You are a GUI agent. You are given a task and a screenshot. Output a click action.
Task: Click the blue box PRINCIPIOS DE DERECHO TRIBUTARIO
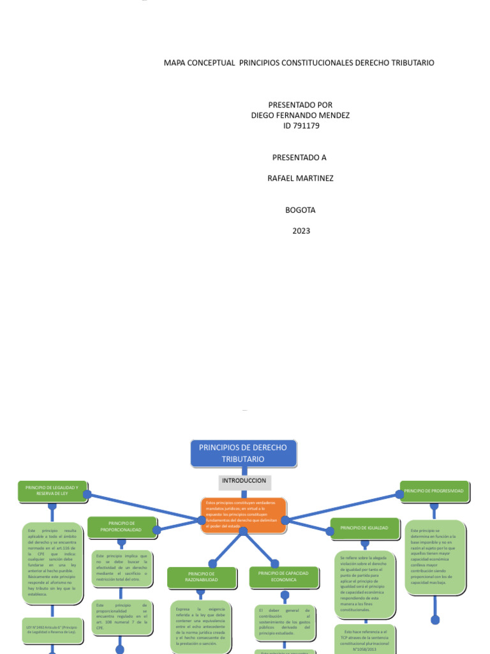click(x=243, y=453)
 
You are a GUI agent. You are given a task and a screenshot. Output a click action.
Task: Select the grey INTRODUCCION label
click(x=243, y=480)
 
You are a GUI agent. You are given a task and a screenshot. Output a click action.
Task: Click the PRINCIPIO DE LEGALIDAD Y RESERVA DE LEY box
click(x=52, y=490)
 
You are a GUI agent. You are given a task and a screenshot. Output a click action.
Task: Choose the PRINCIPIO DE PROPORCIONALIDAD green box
click(x=121, y=527)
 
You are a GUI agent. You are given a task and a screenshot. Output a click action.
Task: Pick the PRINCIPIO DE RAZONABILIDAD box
click(x=202, y=577)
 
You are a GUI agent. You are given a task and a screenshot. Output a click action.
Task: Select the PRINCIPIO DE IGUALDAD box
click(x=364, y=528)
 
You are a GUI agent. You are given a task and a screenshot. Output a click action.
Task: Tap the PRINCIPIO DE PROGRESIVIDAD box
click(x=434, y=490)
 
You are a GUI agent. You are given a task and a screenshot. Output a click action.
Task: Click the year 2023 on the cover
click(x=301, y=231)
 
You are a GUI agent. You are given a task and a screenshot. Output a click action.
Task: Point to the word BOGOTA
click(x=301, y=209)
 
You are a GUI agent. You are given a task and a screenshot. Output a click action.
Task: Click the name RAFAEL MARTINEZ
click(x=301, y=178)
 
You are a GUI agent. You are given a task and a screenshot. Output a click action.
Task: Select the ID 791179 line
click(x=301, y=126)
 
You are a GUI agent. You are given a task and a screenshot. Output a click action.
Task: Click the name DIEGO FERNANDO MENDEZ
click(x=301, y=115)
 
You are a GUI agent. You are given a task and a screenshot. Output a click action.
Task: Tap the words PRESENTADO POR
click(x=301, y=105)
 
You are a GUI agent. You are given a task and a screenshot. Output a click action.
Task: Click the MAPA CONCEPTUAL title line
click(x=299, y=63)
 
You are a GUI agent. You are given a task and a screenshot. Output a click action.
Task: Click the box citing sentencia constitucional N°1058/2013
click(x=366, y=639)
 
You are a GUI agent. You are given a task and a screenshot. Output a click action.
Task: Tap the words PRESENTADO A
click(x=300, y=157)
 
